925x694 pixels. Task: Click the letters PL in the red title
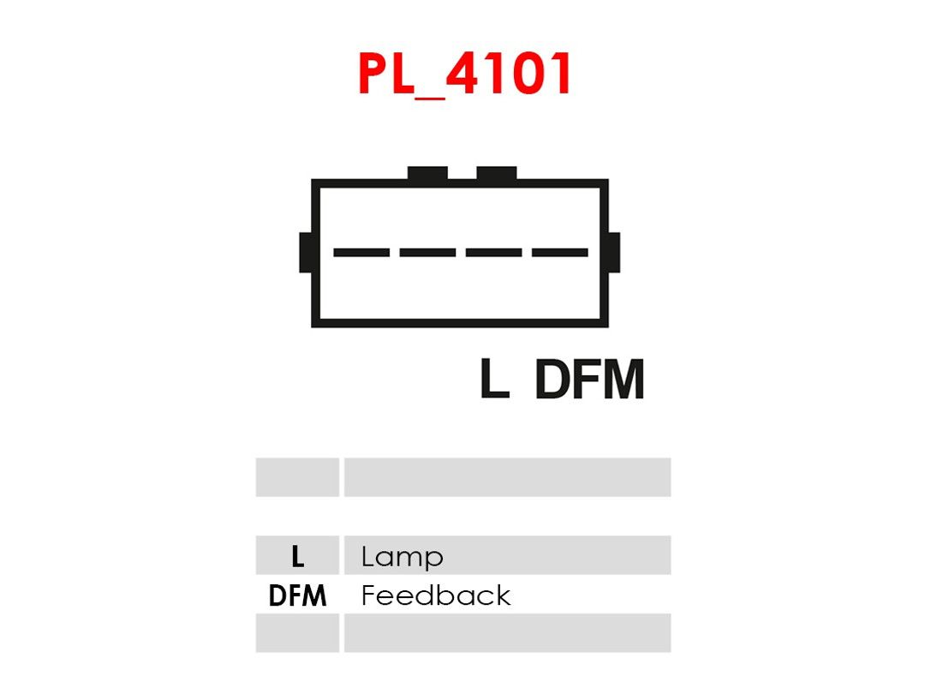(386, 73)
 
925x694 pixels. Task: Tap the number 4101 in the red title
(509, 73)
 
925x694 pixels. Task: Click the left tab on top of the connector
(427, 173)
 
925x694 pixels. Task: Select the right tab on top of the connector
(497, 173)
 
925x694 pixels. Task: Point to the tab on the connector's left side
(306, 253)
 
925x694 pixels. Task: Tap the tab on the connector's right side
(613, 253)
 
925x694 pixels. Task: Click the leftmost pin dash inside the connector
(361, 253)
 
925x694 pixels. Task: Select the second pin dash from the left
(427, 253)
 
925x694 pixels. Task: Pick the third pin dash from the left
(494, 253)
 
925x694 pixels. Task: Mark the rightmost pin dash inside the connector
(560, 253)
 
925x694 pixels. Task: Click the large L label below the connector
(494, 379)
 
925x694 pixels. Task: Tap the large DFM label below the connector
(589, 380)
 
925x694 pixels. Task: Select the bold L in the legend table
(298, 556)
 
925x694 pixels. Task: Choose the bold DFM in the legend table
(297, 595)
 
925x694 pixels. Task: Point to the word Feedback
(436, 595)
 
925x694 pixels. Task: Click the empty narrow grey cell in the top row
(297, 477)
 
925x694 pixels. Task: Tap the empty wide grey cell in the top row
(507, 477)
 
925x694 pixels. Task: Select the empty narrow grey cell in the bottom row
(297, 632)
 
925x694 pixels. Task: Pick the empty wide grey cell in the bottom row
(507, 632)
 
